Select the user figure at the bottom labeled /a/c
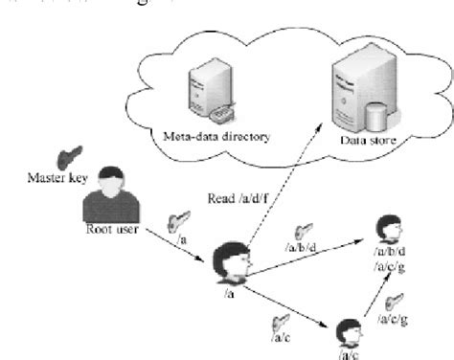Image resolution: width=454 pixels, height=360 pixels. click(348, 332)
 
